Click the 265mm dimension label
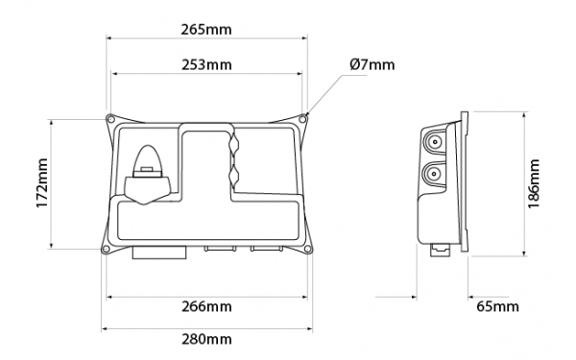(x=206, y=30)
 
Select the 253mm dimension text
(x=206, y=64)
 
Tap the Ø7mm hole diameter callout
(x=372, y=64)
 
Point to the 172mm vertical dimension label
(x=42, y=183)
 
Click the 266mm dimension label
(x=206, y=306)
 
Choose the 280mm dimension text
(x=206, y=339)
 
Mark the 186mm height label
(x=533, y=183)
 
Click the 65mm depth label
(x=497, y=306)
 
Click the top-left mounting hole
(x=109, y=119)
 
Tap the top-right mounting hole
(x=302, y=119)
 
